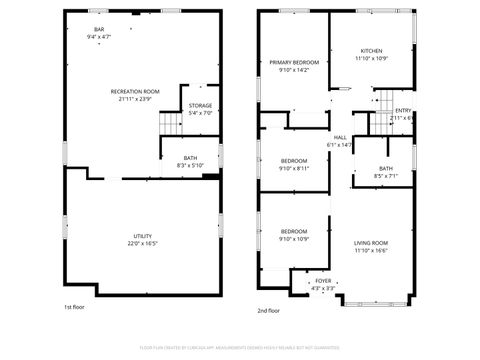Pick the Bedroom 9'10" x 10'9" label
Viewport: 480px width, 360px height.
point(293,234)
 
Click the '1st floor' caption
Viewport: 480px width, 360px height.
point(74,308)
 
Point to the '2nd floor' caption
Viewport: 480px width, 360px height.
point(268,311)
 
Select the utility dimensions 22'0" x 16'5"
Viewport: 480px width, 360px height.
point(143,244)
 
